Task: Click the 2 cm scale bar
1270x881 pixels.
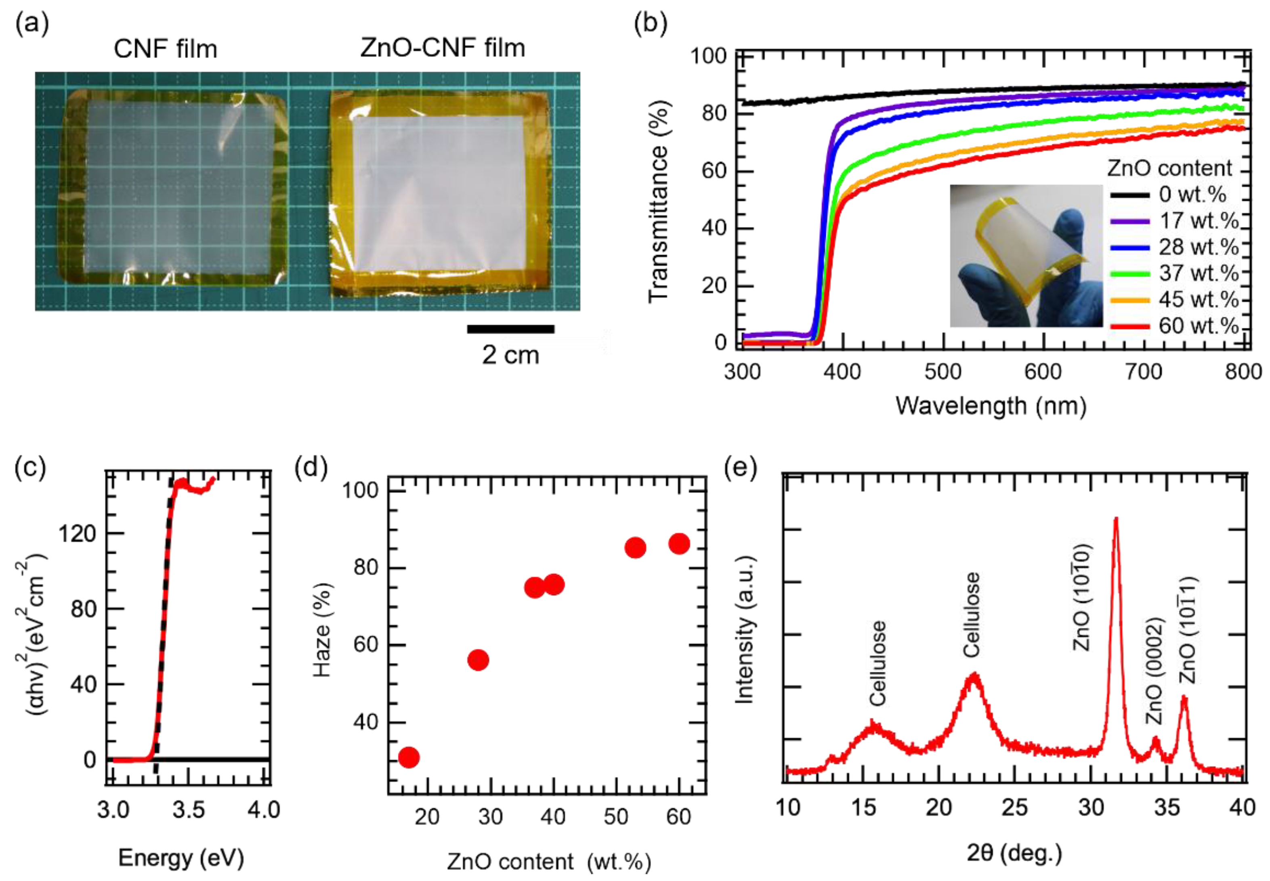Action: pos(510,329)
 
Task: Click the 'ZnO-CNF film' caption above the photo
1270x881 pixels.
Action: pos(442,48)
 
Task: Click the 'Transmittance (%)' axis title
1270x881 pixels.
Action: pos(658,201)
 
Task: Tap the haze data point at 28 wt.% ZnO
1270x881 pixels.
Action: pos(478,660)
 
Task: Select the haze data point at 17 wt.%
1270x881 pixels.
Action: pos(409,757)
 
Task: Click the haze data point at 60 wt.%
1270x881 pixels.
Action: pos(679,544)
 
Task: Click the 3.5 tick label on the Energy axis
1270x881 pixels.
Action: pos(188,810)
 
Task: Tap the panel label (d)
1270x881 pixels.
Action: pos(312,468)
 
